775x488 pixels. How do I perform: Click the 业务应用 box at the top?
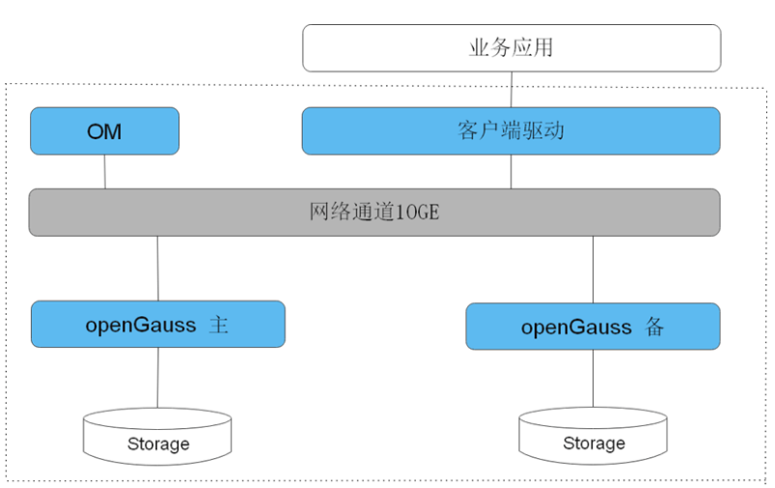(x=512, y=48)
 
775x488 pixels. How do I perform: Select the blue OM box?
(x=105, y=131)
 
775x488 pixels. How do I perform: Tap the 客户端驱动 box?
(x=512, y=131)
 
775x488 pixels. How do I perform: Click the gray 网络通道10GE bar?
(x=374, y=213)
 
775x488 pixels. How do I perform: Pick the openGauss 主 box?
(x=158, y=324)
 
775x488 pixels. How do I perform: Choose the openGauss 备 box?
(x=594, y=327)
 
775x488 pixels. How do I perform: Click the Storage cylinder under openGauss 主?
(x=157, y=437)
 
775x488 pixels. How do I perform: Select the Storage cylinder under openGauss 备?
(x=594, y=436)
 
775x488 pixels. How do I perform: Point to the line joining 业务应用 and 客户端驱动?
(x=512, y=90)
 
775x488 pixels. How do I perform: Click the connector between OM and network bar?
(x=105, y=172)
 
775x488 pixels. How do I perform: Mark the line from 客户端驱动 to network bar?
(x=512, y=172)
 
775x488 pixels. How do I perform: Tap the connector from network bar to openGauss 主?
(x=157, y=269)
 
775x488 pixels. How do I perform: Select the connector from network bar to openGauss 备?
(x=594, y=270)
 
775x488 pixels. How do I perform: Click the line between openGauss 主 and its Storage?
(x=157, y=378)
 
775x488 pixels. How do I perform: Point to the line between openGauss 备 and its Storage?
(x=594, y=379)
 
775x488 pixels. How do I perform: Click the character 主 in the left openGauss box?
(x=218, y=325)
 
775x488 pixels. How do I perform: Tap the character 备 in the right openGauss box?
(x=654, y=328)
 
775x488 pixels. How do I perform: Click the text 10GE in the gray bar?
(x=417, y=213)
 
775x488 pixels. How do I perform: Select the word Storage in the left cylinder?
(x=158, y=444)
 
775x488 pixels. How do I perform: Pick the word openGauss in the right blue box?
(x=576, y=329)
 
